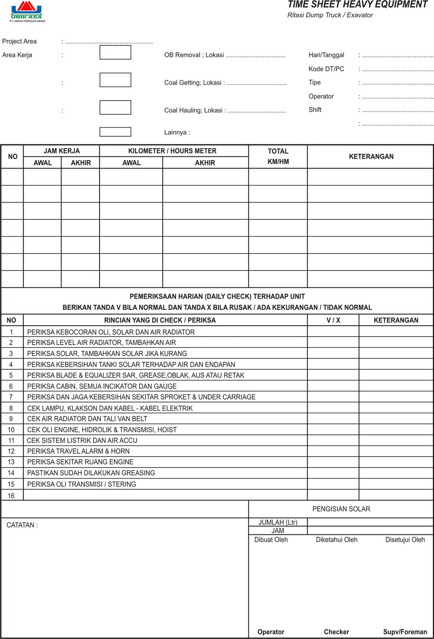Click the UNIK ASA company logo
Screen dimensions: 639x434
[x=27, y=11]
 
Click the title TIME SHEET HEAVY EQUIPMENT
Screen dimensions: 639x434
[x=357, y=5]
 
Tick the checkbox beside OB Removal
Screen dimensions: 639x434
[x=115, y=52]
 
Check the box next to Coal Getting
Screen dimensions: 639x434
[x=115, y=80]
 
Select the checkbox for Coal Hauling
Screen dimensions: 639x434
[x=115, y=107]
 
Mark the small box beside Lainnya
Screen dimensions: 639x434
[x=115, y=132]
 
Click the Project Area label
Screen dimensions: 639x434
[x=19, y=41]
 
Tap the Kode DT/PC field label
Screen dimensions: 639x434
[x=326, y=69]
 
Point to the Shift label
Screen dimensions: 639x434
[x=315, y=109]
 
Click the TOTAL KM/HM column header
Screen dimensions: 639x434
[x=278, y=156]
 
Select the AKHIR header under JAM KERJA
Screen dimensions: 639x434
[x=81, y=163]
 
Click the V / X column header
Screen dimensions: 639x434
[x=333, y=320]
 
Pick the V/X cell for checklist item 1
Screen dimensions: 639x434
[x=333, y=331]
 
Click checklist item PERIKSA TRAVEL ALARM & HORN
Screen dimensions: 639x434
[x=78, y=451]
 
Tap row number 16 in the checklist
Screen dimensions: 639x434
[x=11, y=496]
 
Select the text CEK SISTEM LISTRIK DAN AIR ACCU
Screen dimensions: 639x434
[x=82, y=440]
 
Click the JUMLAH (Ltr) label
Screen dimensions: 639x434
[x=277, y=522]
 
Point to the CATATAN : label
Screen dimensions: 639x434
[x=22, y=525]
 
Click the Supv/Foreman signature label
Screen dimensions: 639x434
[x=405, y=632]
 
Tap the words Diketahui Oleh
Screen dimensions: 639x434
[x=336, y=540]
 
